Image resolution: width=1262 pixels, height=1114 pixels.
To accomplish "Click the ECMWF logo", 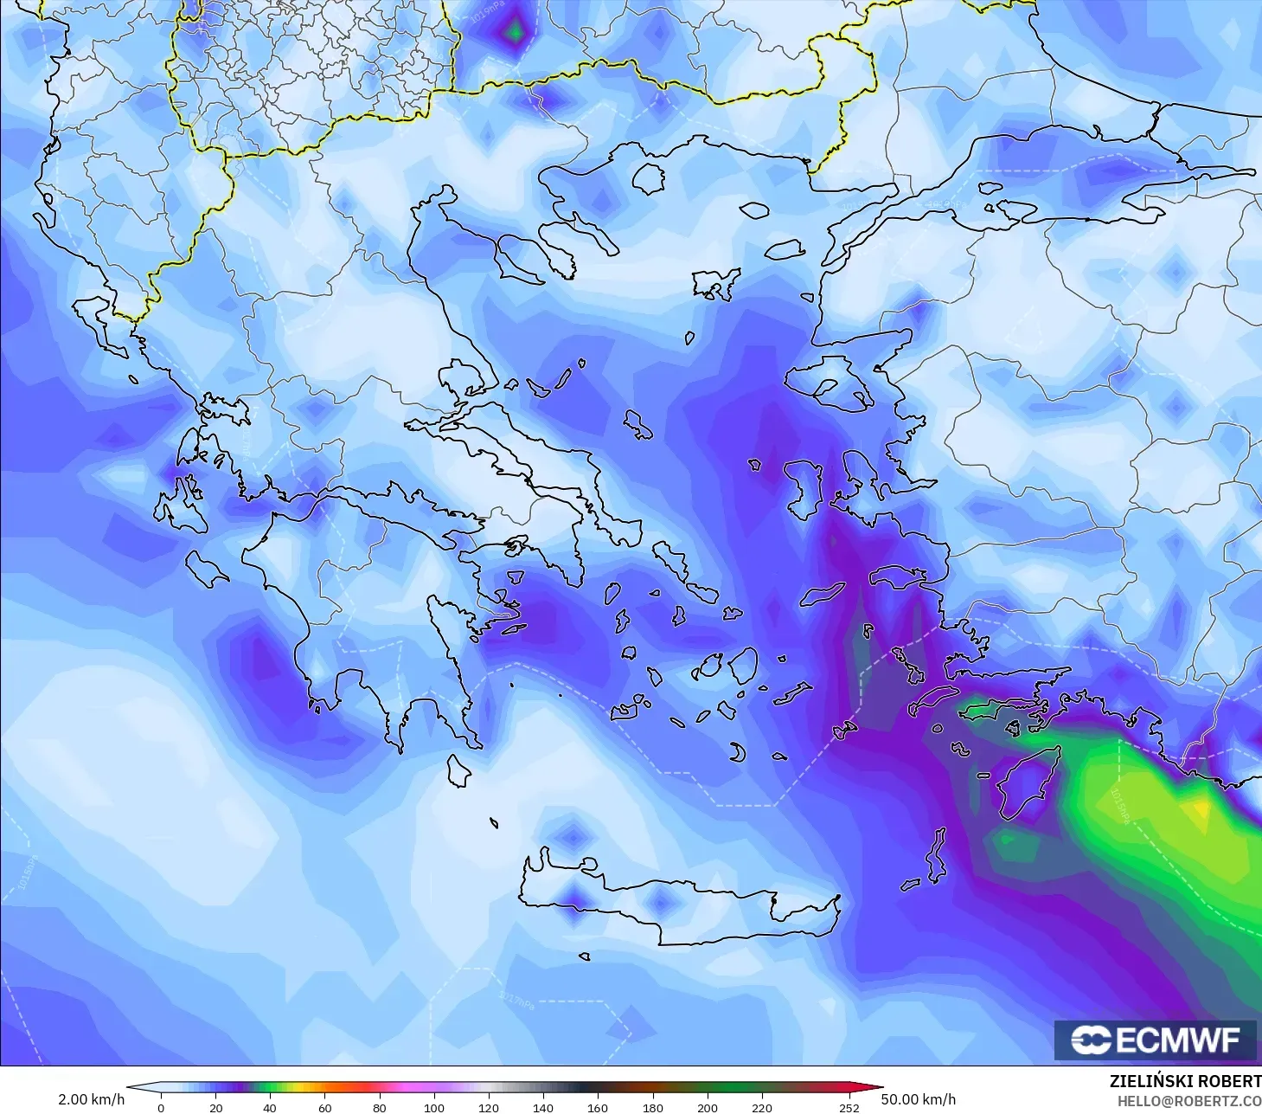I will pos(1156,1040).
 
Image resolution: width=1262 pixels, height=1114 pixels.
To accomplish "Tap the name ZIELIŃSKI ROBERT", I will pos(1185,1081).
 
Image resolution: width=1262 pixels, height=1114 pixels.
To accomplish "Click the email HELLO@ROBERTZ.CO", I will pos(1188,1101).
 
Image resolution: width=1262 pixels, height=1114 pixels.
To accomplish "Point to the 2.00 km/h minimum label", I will pos(91,1099).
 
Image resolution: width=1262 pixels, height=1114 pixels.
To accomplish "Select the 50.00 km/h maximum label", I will pos(919,1099).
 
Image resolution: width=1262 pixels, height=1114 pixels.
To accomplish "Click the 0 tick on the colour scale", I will pos(161,1107).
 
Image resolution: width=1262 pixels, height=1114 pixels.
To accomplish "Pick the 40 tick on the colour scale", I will pos(270,1107).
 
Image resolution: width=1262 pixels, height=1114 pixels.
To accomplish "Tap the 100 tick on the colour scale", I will pos(434,1107).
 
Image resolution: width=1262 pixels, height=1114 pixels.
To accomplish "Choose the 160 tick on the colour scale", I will pos(598,1107).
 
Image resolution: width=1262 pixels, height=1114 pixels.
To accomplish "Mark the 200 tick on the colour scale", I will pos(708,1107).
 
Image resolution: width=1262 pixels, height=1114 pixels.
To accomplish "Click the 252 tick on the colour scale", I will pos(849,1107).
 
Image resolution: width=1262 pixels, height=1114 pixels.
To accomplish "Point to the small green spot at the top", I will pos(516,32).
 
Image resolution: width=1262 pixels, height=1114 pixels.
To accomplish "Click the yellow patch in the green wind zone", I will pos(1201,810).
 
